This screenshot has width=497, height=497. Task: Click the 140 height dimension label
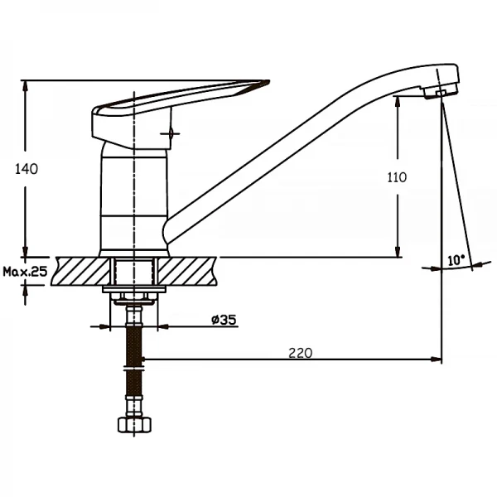click(27, 169)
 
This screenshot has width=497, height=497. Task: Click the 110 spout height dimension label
click(397, 177)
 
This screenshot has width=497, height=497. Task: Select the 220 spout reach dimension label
click(301, 353)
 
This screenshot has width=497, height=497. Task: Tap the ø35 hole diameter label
click(224, 320)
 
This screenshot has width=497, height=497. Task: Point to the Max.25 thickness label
click(25, 272)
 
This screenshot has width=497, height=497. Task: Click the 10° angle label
click(456, 260)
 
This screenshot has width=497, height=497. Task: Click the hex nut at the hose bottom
click(134, 425)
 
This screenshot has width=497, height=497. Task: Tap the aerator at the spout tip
click(441, 92)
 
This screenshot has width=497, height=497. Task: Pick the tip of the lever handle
click(269, 81)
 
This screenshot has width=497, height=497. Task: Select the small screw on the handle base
click(170, 133)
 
